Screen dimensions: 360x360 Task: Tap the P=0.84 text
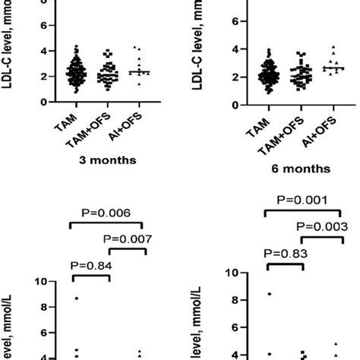pos(90,265)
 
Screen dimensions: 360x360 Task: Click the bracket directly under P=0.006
pos(107,226)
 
